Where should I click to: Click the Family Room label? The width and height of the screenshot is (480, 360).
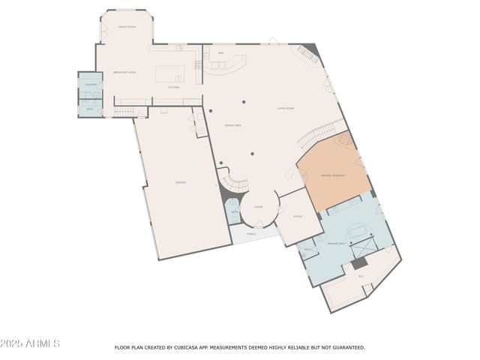(x=127, y=26)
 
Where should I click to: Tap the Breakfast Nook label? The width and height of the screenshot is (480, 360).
(x=124, y=72)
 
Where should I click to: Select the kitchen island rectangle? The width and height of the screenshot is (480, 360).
(x=169, y=73)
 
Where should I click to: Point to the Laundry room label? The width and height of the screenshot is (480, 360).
(x=90, y=85)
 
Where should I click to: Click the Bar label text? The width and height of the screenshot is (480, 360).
(x=220, y=53)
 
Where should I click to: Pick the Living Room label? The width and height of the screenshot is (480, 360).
(x=285, y=109)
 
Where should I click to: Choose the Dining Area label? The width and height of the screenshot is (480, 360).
(x=233, y=125)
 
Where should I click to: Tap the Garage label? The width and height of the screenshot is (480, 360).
(x=181, y=182)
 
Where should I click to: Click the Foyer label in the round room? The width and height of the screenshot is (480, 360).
(x=258, y=206)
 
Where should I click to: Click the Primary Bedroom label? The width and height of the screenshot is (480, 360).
(x=333, y=175)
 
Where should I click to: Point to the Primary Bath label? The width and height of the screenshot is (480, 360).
(x=336, y=244)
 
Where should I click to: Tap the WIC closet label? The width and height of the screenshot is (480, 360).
(x=361, y=276)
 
